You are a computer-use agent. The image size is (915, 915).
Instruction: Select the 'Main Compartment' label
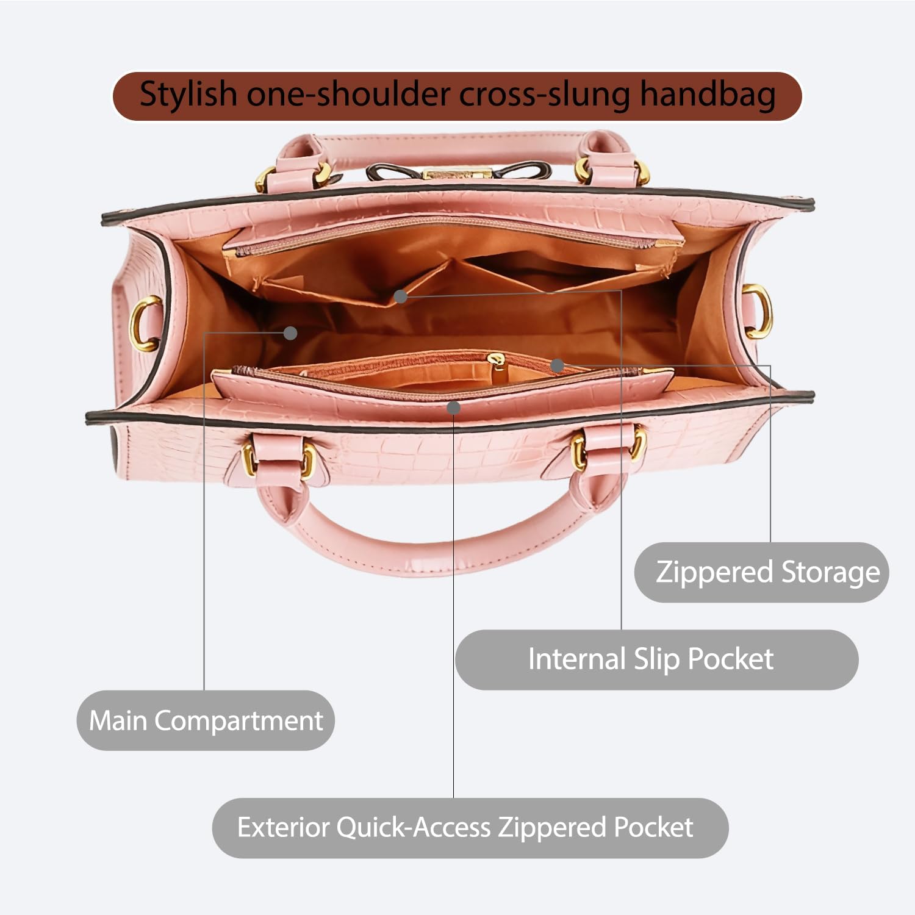click(x=206, y=720)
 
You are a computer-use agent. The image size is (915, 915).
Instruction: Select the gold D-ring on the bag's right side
click(x=759, y=310)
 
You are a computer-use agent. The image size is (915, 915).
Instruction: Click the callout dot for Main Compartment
click(x=291, y=333)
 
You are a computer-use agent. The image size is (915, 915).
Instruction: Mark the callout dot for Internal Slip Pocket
click(x=400, y=296)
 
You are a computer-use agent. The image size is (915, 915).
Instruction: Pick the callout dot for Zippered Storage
click(x=556, y=365)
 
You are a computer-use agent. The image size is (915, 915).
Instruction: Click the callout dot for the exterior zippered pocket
click(x=453, y=407)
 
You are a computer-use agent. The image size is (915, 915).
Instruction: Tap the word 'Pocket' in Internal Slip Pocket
click(x=731, y=659)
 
